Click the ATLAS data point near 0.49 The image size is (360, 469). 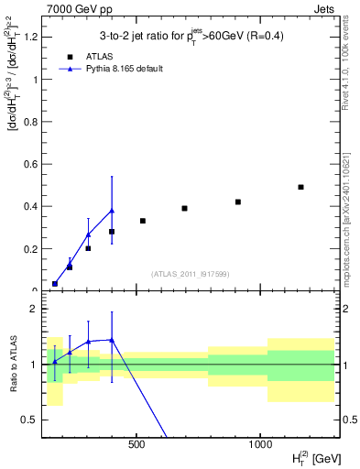pos(300,187)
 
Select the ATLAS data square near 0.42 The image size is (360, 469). pos(238,202)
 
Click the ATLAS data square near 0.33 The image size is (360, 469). pos(143,221)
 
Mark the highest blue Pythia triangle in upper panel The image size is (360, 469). pos(112,211)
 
